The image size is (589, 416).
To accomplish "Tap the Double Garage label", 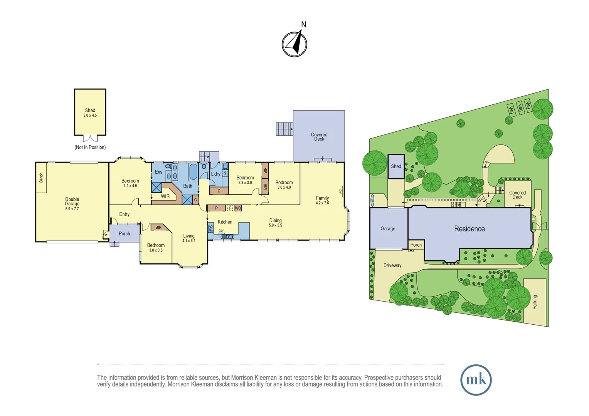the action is pyautogui.click(x=72, y=201).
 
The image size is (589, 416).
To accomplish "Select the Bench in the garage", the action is pyautogui.click(x=41, y=178).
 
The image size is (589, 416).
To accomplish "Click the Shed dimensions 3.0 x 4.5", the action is pyautogui.click(x=90, y=116).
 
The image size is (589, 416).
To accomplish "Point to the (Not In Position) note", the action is pyautogui.click(x=90, y=147).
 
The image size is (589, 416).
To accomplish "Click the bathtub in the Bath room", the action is pyautogui.click(x=193, y=172).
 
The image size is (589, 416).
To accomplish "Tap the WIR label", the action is pyautogui.click(x=165, y=196).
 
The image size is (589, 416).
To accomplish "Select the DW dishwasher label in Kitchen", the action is pyautogui.click(x=221, y=231).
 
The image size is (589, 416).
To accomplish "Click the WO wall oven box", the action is pyautogui.click(x=238, y=208).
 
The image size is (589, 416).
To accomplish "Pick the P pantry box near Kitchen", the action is pyautogui.click(x=216, y=208).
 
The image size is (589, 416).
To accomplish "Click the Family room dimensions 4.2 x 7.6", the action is pyautogui.click(x=322, y=203).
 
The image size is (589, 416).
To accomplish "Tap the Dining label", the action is pyautogui.click(x=275, y=220).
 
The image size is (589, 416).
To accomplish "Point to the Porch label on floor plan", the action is pyautogui.click(x=125, y=234).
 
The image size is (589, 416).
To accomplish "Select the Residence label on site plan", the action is pyautogui.click(x=470, y=229).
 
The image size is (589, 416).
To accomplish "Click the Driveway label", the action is pyautogui.click(x=392, y=265).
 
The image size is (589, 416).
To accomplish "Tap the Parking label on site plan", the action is pyautogui.click(x=535, y=302).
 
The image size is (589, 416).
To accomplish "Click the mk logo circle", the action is pyautogui.click(x=476, y=380).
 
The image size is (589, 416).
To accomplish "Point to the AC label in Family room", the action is pyautogui.click(x=340, y=191).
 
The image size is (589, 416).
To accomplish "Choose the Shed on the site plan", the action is pyautogui.click(x=396, y=167).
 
